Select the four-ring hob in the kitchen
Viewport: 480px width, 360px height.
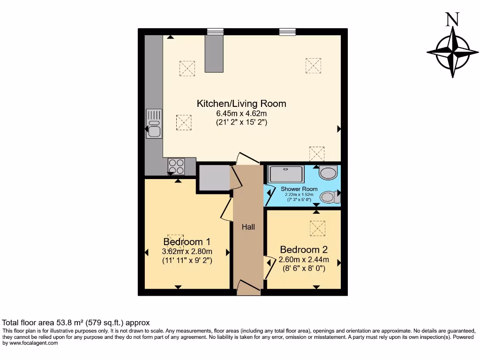176,166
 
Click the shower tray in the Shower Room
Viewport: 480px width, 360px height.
286,174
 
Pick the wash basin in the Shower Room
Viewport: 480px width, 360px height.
328,173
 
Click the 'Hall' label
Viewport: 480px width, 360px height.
248,227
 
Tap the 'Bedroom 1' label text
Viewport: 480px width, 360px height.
187,242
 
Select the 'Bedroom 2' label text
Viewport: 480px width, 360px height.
303,250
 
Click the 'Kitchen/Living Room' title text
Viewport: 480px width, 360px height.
241,104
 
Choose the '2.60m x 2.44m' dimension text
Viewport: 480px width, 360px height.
303,260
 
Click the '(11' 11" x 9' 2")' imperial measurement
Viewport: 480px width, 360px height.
187,261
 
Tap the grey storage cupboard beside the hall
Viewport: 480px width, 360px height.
214,178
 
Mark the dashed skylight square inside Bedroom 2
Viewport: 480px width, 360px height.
317,228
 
